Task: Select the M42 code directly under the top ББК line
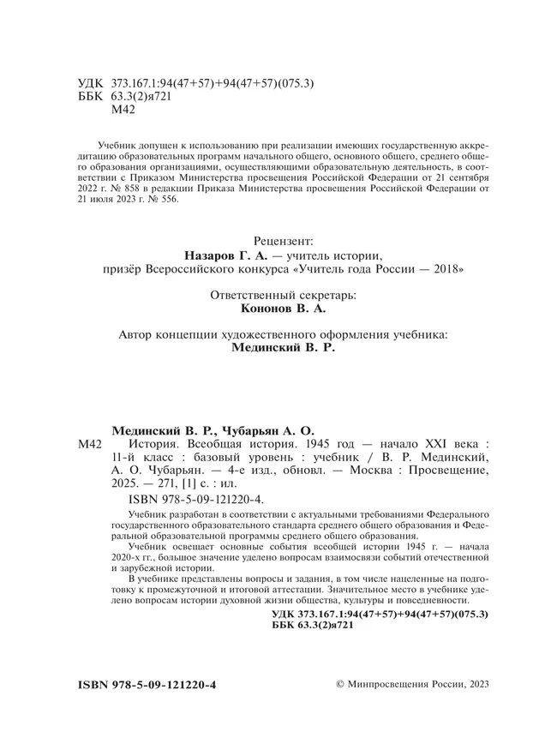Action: pos(125,110)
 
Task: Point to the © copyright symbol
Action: pos(339,686)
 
